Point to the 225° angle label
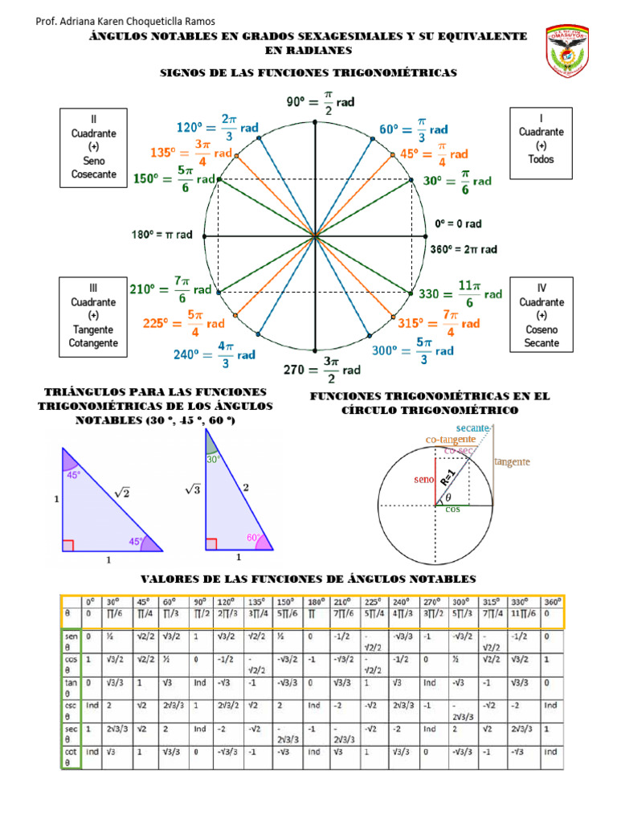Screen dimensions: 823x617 pos(184,323)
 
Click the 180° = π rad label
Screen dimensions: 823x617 pos(161,235)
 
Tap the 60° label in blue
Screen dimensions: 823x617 pos(413,129)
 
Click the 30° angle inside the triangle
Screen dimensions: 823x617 pos(212,460)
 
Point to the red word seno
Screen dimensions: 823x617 pos(423,480)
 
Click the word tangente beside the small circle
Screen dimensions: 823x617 pos(511,462)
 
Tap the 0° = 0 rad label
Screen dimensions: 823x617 pos(458,223)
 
